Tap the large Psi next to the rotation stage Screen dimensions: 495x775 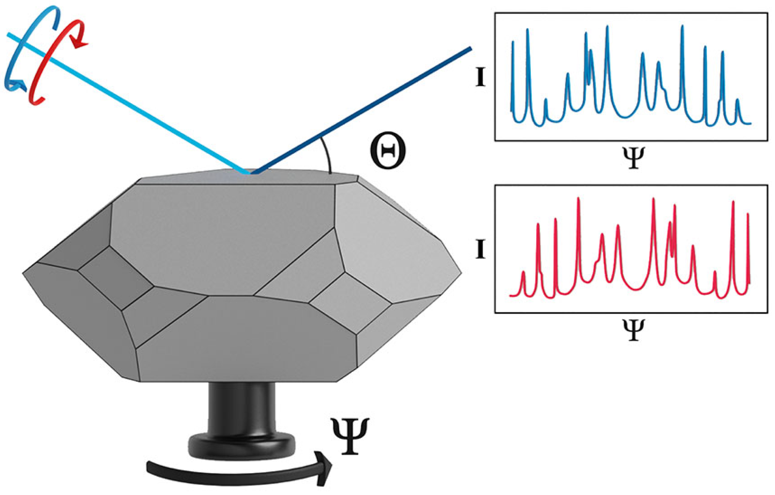(x=350, y=436)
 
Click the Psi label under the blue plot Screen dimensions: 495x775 (x=633, y=158)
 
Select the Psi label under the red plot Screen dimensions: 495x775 (x=633, y=330)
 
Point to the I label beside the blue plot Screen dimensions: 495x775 (x=481, y=77)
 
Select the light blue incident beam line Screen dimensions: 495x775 (x=127, y=102)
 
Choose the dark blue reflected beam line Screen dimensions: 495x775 (x=364, y=109)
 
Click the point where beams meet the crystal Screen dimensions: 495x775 (x=250, y=172)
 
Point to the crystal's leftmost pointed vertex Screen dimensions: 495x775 (x=24, y=273)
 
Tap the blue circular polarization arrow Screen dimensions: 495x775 (x=18, y=55)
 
